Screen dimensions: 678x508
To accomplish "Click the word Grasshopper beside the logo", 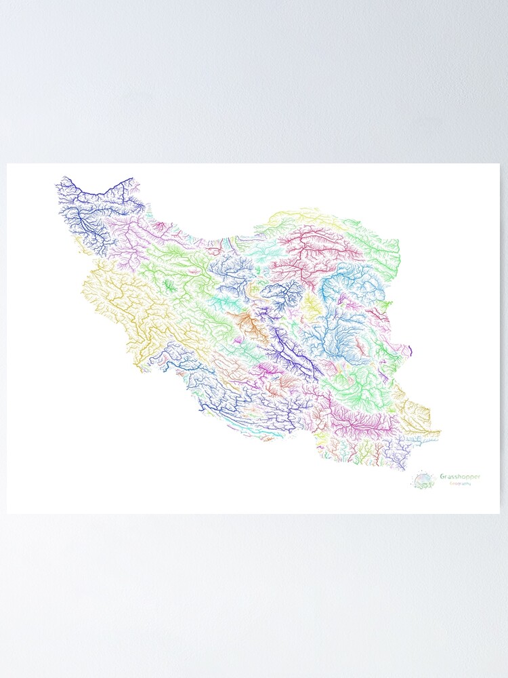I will coord(461,477).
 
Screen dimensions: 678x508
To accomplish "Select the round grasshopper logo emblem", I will coord(422,481).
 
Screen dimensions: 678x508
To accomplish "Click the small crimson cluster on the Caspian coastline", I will coord(161,226).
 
